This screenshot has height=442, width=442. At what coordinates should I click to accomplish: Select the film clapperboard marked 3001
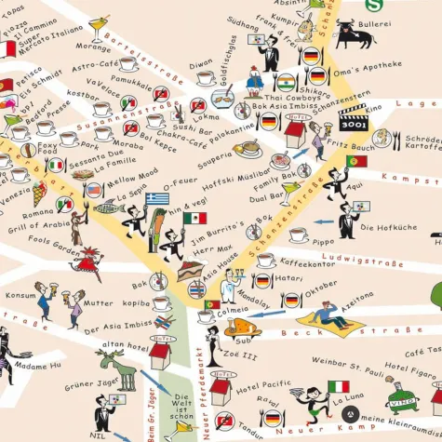pyautogui.click(x=353, y=117)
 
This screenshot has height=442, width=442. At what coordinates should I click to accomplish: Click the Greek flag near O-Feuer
pyautogui.click(x=157, y=199)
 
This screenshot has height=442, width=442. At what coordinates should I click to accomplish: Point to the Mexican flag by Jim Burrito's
pyautogui.click(x=194, y=218)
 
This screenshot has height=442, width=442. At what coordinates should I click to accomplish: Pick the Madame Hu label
pyautogui.click(x=43, y=365)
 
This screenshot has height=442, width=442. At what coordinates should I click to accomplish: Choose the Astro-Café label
pyautogui.click(x=95, y=66)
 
